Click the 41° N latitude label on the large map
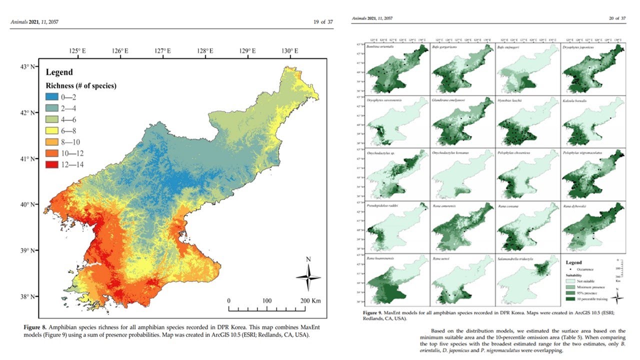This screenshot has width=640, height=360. (32, 158)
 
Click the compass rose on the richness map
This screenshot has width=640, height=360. (308, 276)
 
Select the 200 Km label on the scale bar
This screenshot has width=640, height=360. (309, 301)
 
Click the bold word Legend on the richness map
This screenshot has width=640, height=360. (59, 72)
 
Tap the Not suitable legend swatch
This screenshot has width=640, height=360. (570, 281)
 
